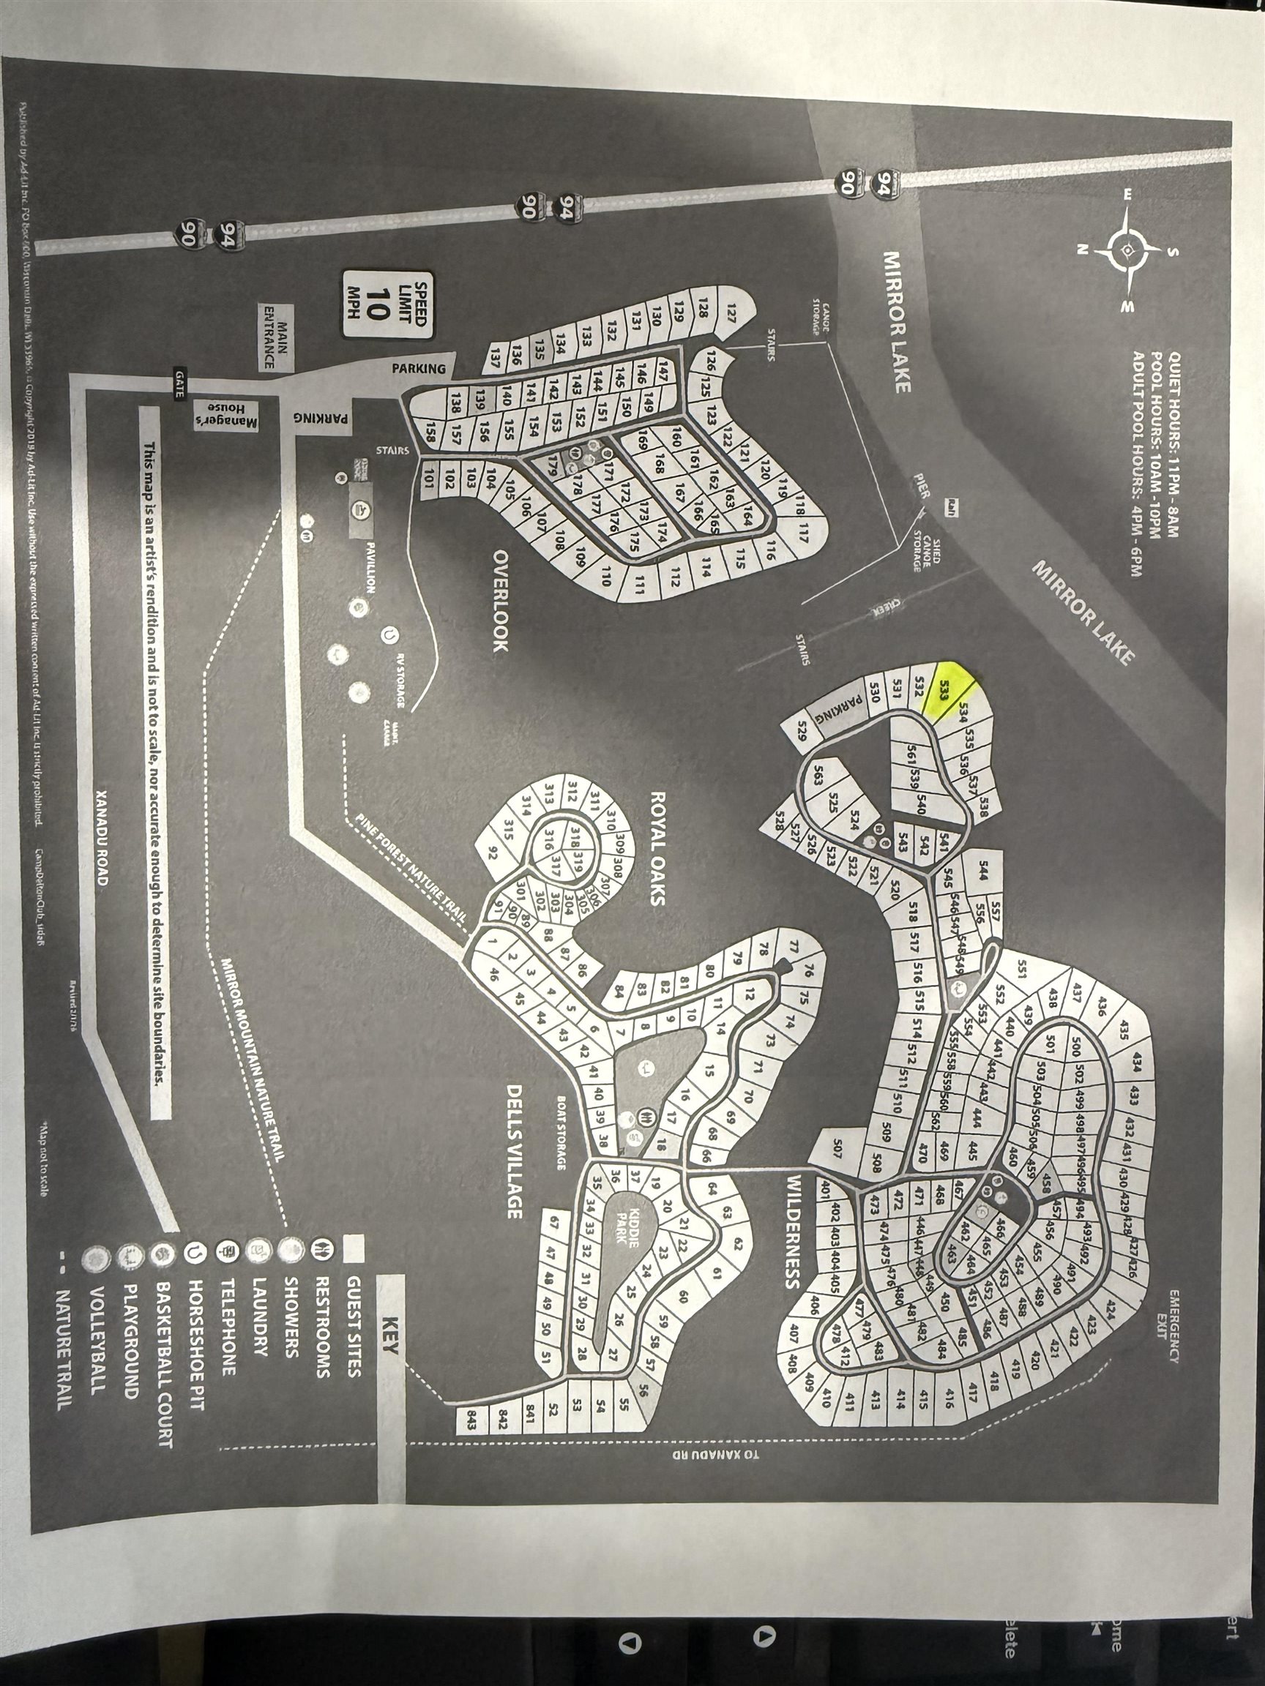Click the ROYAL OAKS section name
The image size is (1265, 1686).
point(657,847)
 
